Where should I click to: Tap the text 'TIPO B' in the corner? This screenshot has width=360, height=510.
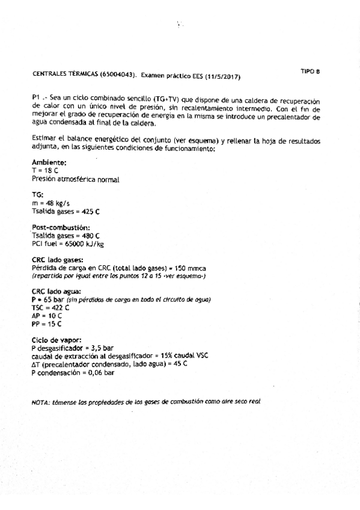tap(310, 71)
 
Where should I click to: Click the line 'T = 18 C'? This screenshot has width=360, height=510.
tap(44, 171)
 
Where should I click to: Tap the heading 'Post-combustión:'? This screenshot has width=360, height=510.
tap(60, 227)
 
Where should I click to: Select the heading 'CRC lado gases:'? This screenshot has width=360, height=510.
tap(60, 260)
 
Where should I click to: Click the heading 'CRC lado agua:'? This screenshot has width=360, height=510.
tap(58, 292)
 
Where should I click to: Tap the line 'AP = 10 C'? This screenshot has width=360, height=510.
tap(46, 316)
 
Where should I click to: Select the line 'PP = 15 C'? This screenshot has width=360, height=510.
tap(45, 324)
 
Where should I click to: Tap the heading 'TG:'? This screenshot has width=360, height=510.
tap(37, 195)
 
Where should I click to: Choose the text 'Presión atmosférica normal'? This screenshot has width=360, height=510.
tap(75, 179)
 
